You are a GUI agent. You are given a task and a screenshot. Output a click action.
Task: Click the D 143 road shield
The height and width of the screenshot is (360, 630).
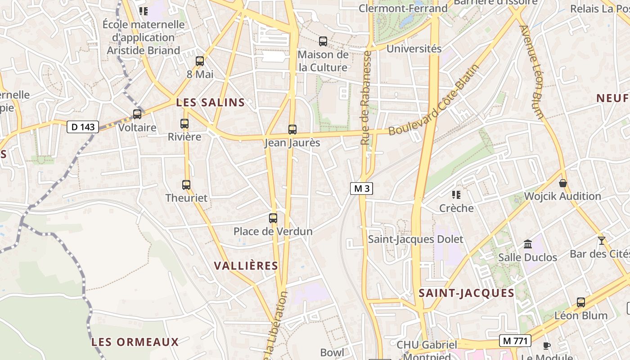click(x=83, y=127)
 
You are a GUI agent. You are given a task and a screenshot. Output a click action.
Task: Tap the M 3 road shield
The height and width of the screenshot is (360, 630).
click(x=362, y=189)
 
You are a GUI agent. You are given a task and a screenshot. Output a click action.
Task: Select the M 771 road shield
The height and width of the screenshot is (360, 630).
click(x=515, y=341)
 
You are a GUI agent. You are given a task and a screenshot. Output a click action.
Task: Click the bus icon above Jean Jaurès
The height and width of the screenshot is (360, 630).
click(x=292, y=130)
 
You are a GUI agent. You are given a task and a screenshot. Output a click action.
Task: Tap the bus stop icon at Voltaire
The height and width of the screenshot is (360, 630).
click(x=137, y=114)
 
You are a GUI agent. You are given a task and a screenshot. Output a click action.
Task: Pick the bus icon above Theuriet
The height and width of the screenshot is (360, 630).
click(x=186, y=184)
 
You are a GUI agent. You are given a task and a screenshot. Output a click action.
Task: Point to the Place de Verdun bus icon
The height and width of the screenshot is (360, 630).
click(x=273, y=218)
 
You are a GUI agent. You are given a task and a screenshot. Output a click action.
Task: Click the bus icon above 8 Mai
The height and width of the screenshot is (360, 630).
click(x=200, y=61)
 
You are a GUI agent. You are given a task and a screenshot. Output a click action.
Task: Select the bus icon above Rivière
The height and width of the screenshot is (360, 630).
click(x=184, y=123)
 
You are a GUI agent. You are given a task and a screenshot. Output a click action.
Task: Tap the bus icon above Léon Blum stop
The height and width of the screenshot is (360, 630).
click(x=581, y=302)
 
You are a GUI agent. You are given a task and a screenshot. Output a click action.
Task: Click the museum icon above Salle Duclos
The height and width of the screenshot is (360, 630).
click(x=528, y=244)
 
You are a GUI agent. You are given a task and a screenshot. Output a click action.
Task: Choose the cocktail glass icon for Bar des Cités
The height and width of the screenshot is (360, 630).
click(x=602, y=240)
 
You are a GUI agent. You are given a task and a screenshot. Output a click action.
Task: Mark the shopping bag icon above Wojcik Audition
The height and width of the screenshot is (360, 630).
click(x=562, y=183)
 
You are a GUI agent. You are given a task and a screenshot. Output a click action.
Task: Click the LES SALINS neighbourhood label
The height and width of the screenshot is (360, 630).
click(x=211, y=103)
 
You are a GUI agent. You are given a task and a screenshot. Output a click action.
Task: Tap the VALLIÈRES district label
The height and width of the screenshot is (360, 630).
click(x=246, y=266)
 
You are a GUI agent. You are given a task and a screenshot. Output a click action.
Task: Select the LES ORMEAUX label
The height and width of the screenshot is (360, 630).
click(x=135, y=342)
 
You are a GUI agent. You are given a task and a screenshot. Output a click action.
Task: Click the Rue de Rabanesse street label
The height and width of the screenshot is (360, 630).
click(x=365, y=98)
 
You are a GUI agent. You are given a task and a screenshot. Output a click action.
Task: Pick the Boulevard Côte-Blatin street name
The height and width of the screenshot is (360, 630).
click(x=435, y=100)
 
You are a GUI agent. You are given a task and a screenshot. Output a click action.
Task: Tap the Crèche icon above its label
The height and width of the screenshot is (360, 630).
click(x=456, y=195)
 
